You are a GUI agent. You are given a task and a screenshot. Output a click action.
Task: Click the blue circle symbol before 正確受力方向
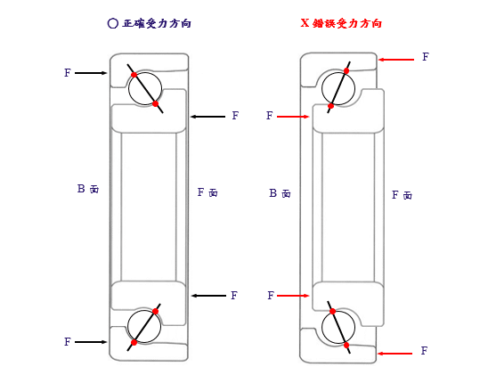click(112, 23)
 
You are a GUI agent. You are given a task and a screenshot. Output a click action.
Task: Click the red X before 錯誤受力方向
click(305, 23)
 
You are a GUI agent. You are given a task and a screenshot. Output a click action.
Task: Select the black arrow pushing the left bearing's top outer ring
click(91, 73)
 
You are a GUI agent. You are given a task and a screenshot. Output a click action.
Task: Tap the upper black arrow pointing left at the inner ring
click(207, 117)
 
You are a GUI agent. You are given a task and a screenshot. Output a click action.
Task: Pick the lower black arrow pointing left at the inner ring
click(208, 296)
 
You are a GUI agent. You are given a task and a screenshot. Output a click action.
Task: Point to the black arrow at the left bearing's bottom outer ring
click(91, 342)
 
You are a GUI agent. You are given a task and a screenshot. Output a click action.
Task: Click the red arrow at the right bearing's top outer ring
click(396, 60)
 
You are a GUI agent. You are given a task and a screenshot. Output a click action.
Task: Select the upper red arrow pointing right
click(293, 117)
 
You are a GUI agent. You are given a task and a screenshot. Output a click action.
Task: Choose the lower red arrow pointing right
click(293, 296)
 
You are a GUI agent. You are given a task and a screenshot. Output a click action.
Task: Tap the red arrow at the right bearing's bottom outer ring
click(395, 354)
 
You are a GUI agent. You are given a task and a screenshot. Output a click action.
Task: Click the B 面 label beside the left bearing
click(88, 189)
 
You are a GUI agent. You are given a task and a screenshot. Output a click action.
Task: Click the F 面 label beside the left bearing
click(207, 192)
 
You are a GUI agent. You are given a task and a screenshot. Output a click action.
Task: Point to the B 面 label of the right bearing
click(280, 193)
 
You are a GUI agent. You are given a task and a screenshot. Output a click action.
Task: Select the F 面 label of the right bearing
click(402, 195)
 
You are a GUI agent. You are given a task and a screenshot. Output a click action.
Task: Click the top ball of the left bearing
click(145, 88)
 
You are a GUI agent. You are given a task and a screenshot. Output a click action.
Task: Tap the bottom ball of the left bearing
click(144, 326)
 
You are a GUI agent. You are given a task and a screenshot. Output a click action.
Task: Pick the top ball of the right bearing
click(338, 88)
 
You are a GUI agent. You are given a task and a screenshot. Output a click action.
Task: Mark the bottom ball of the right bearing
click(338, 327)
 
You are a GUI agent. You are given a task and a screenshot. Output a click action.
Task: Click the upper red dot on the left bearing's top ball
click(134, 75)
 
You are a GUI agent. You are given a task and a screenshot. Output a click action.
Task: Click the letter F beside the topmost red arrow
click(426, 57)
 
